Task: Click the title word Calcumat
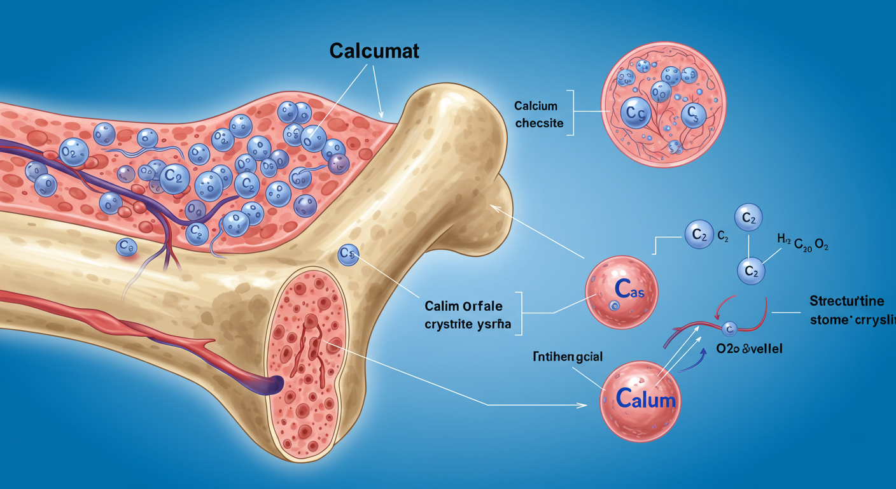click(x=374, y=51)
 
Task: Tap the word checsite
click(x=539, y=124)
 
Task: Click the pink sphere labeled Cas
click(x=621, y=292)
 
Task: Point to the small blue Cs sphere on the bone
click(x=349, y=254)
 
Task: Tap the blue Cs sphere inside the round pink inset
click(x=692, y=115)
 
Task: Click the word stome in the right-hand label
click(x=828, y=319)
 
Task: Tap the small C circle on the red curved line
click(x=730, y=329)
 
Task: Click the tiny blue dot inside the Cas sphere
click(x=614, y=306)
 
